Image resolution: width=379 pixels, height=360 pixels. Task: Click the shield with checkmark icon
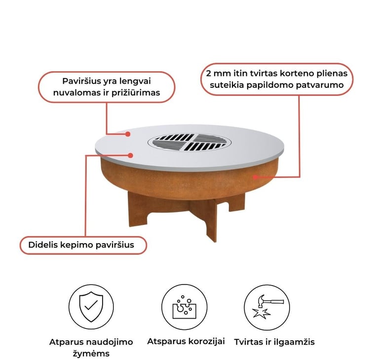pos(91,307)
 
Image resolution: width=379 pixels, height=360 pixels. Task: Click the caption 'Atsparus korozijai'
pos(186,341)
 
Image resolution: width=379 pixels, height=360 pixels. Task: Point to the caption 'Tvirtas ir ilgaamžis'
pos(274,342)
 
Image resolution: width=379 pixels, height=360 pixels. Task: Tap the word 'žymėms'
pos(91,354)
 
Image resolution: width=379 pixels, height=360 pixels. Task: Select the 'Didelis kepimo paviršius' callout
pos(83,245)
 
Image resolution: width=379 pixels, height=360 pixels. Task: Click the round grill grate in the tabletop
pos(189,143)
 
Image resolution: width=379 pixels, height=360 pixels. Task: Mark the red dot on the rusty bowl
pos(255,177)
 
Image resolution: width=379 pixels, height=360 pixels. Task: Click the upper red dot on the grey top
pos(128,134)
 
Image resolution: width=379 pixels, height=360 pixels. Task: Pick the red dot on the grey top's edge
pos(130,155)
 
